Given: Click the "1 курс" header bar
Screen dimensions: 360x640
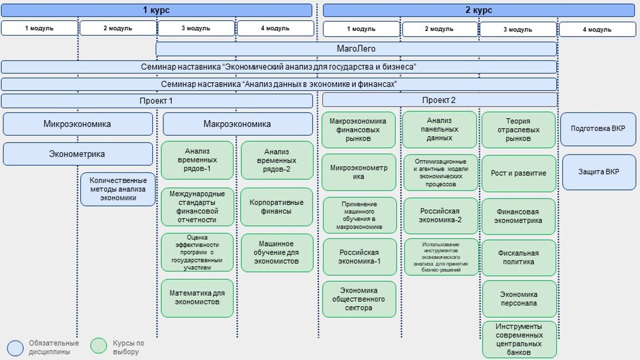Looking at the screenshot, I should click(156, 10).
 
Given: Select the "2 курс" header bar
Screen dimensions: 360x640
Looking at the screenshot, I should click(479, 10).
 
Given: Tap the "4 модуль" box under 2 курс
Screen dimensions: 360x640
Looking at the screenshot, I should click(597, 29).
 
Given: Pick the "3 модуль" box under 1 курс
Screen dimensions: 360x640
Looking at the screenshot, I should click(196, 28).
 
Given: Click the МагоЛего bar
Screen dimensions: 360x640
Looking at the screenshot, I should click(356, 49).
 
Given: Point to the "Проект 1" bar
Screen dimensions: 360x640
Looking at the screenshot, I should click(156, 101).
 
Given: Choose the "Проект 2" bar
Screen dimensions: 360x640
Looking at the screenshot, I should click(439, 101).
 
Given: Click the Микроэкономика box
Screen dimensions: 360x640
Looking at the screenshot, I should click(78, 124).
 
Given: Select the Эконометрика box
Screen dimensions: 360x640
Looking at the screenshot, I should click(78, 154).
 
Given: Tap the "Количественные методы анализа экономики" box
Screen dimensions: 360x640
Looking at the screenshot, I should click(118, 189).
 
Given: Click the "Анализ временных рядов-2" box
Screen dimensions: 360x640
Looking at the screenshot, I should click(277, 160).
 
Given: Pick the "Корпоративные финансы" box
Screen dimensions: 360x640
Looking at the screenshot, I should click(277, 207).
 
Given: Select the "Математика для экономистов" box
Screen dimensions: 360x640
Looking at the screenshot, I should click(197, 298).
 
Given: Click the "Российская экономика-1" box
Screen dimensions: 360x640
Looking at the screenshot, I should click(359, 256).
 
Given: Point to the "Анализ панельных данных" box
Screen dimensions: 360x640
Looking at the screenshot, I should click(440, 129).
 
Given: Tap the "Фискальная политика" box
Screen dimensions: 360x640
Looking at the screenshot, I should click(519, 258).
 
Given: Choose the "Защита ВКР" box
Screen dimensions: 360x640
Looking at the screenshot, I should click(599, 172).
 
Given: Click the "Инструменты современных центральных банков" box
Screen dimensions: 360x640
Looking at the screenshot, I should click(519, 339).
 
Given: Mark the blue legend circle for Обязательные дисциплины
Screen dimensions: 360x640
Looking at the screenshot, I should click(15, 347).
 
